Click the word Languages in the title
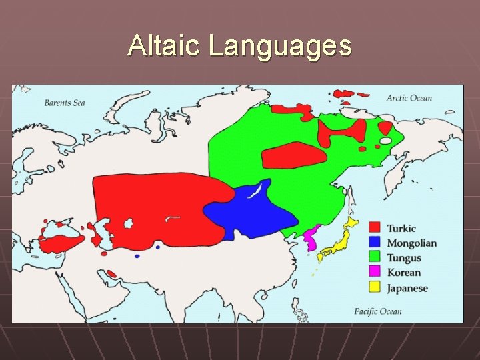tap(280, 46)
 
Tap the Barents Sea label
tap(65, 103)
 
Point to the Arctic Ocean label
tap(409, 98)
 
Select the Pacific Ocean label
tap(378, 311)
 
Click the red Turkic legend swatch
tap(375, 228)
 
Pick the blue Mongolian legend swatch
tap(375, 243)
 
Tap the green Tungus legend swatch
tap(375, 257)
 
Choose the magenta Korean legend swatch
tap(375, 272)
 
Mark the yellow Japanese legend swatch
tap(375, 288)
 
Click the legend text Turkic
tap(401, 228)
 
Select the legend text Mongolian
tap(411, 243)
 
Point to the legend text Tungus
tap(404, 258)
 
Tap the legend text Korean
tap(404, 273)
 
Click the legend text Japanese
tap(407, 289)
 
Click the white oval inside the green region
tap(385, 141)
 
